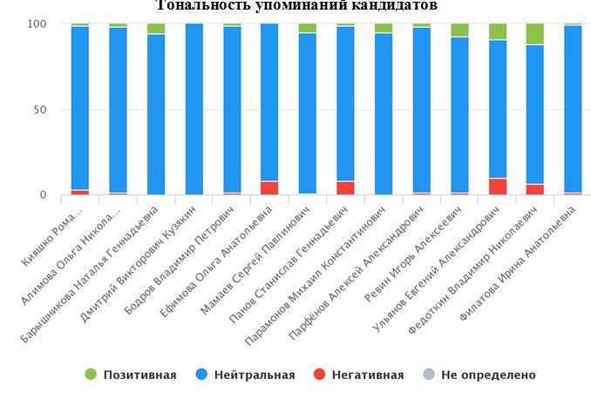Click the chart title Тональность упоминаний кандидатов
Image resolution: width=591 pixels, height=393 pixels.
pyautogui.click(x=296, y=6)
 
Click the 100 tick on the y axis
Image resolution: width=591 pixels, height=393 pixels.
pyautogui.click(x=35, y=24)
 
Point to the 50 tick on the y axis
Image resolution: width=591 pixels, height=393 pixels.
pyautogui.click(x=38, y=110)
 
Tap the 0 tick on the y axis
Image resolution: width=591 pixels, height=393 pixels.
pyautogui.click(x=42, y=195)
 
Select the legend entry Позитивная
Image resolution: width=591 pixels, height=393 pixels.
pyautogui.click(x=130, y=375)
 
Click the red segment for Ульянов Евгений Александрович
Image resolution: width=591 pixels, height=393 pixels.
pyautogui.click(x=497, y=186)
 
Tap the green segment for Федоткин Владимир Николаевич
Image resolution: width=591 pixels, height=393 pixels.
pyautogui.click(x=535, y=34)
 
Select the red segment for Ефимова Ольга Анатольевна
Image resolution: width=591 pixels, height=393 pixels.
pyautogui.click(x=269, y=187)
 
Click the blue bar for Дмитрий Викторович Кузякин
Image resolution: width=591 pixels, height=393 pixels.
pyautogui.click(x=194, y=109)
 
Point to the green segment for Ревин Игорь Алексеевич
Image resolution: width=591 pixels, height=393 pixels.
pyautogui.click(x=459, y=30)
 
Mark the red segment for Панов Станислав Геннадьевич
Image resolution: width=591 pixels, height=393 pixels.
pyautogui.click(x=345, y=187)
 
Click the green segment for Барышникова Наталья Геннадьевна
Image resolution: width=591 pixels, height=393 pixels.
pyautogui.click(x=156, y=29)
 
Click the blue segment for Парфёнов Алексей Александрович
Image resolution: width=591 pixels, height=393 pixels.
pyautogui.click(x=421, y=109)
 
